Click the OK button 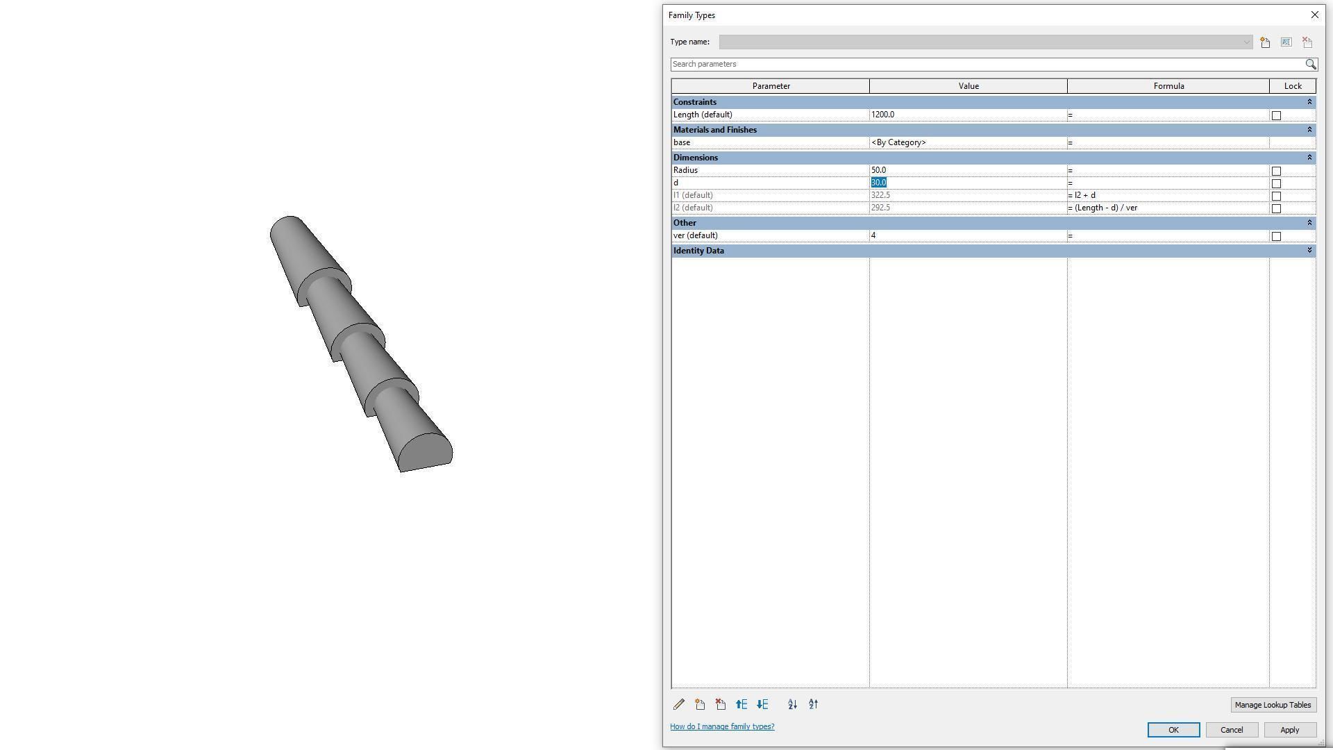tap(1173, 730)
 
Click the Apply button tap(1289, 730)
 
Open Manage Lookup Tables tap(1272, 705)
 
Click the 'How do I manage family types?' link tap(722, 726)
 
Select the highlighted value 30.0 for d tap(879, 183)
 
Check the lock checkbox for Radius tap(1276, 171)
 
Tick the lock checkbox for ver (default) tap(1276, 236)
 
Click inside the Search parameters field tap(986, 64)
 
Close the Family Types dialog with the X tap(1314, 15)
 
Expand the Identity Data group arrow tap(1309, 251)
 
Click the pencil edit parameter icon tap(679, 704)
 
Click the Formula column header tap(1168, 86)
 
